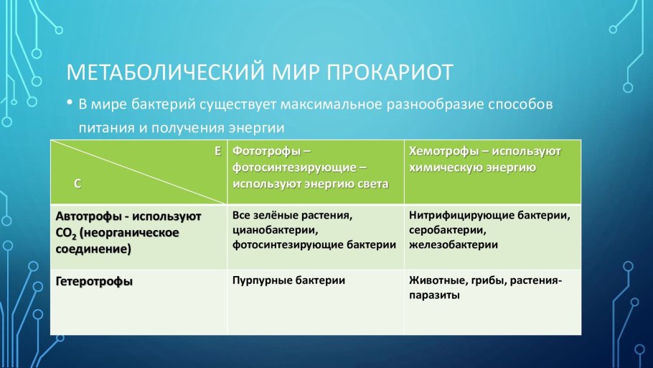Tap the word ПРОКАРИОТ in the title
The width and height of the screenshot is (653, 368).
coord(390,73)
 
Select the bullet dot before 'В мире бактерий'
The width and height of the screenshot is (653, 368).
coord(70,103)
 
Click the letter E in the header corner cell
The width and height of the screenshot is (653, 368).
coord(217,151)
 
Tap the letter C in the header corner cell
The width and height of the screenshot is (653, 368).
coord(77,183)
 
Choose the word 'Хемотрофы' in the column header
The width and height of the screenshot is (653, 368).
coord(439,152)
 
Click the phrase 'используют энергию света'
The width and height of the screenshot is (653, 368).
coord(310,184)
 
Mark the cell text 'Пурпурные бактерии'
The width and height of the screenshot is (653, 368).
coord(288,280)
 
